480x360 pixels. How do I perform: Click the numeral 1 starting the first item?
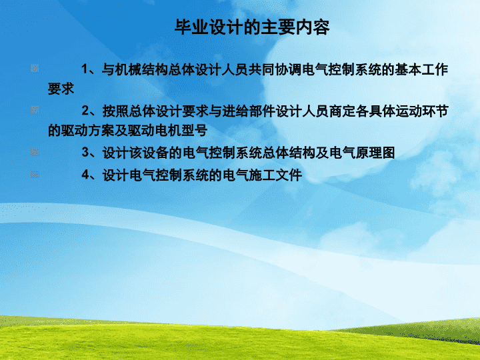pyautogui.click(x=85, y=69)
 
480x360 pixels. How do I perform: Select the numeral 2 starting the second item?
pyautogui.click(x=85, y=111)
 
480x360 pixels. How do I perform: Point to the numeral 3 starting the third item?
pyautogui.click(x=85, y=152)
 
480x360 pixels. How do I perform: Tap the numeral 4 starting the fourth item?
pyautogui.click(x=85, y=175)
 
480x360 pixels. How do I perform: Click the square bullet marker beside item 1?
pyautogui.click(x=35, y=68)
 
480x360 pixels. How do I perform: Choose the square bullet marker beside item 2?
pyautogui.click(x=35, y=110)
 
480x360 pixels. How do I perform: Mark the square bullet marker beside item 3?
pyautogui.click(x=35, y=151)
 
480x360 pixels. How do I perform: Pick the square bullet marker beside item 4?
pyautogui.click(x=35, y=174)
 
